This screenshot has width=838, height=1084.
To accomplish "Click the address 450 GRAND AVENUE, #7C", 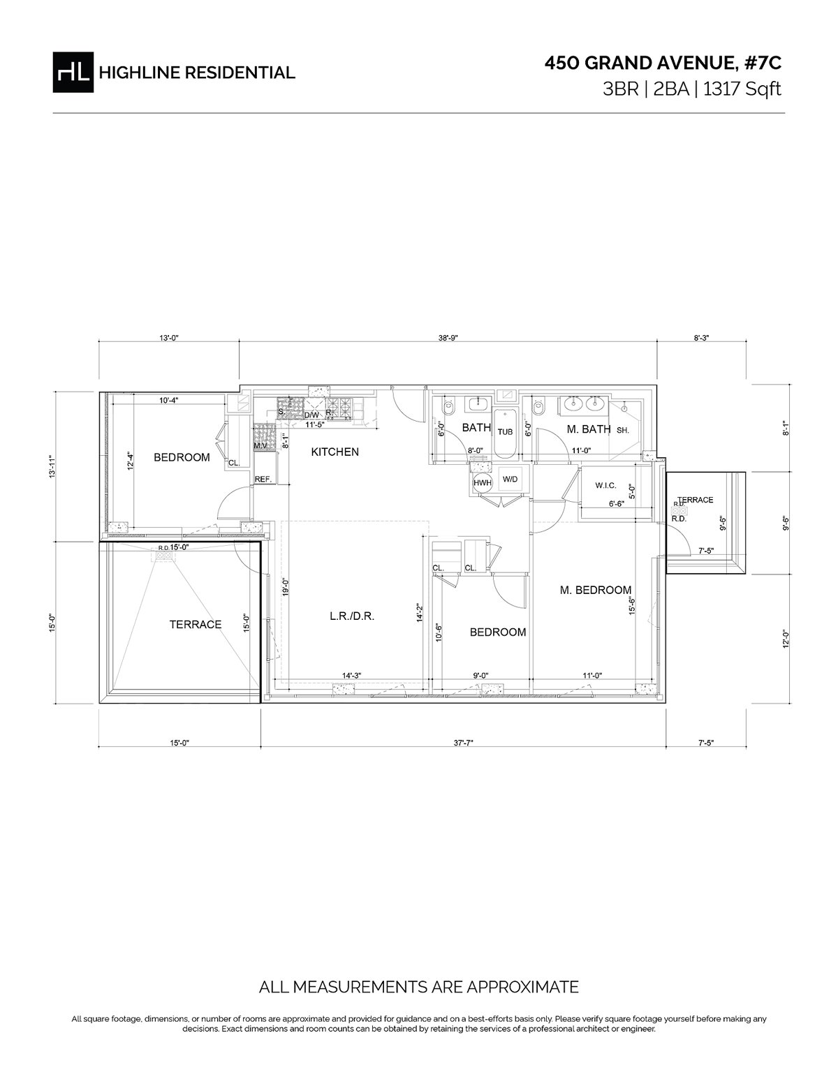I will click(x=663, y=64).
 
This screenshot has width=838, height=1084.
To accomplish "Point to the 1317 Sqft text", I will click(x=742, y=89).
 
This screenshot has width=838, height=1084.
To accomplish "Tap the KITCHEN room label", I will click(x=335, y=452).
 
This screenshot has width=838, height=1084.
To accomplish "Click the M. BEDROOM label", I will click(x=595, y=590).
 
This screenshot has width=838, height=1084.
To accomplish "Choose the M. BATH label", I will click(x=589, y=429).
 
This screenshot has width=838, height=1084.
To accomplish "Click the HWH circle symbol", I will click(x=483, y=482).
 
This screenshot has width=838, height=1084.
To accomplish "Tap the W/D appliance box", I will click(x=510, y=480).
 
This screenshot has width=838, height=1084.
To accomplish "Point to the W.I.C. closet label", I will click(x=605, y=484).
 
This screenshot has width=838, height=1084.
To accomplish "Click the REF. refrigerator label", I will click(x=263, y=479).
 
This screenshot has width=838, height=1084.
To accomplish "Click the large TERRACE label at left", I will click(x=196, y=625).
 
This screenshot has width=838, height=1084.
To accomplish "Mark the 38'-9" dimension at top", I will click(x=448, y=338).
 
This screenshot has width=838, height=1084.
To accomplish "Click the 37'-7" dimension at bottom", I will click(x=463, y=743).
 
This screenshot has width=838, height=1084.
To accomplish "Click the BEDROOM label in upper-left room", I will click(x=182, y=457).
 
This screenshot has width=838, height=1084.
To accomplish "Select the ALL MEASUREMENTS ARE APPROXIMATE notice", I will click(x=419, y=987).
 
